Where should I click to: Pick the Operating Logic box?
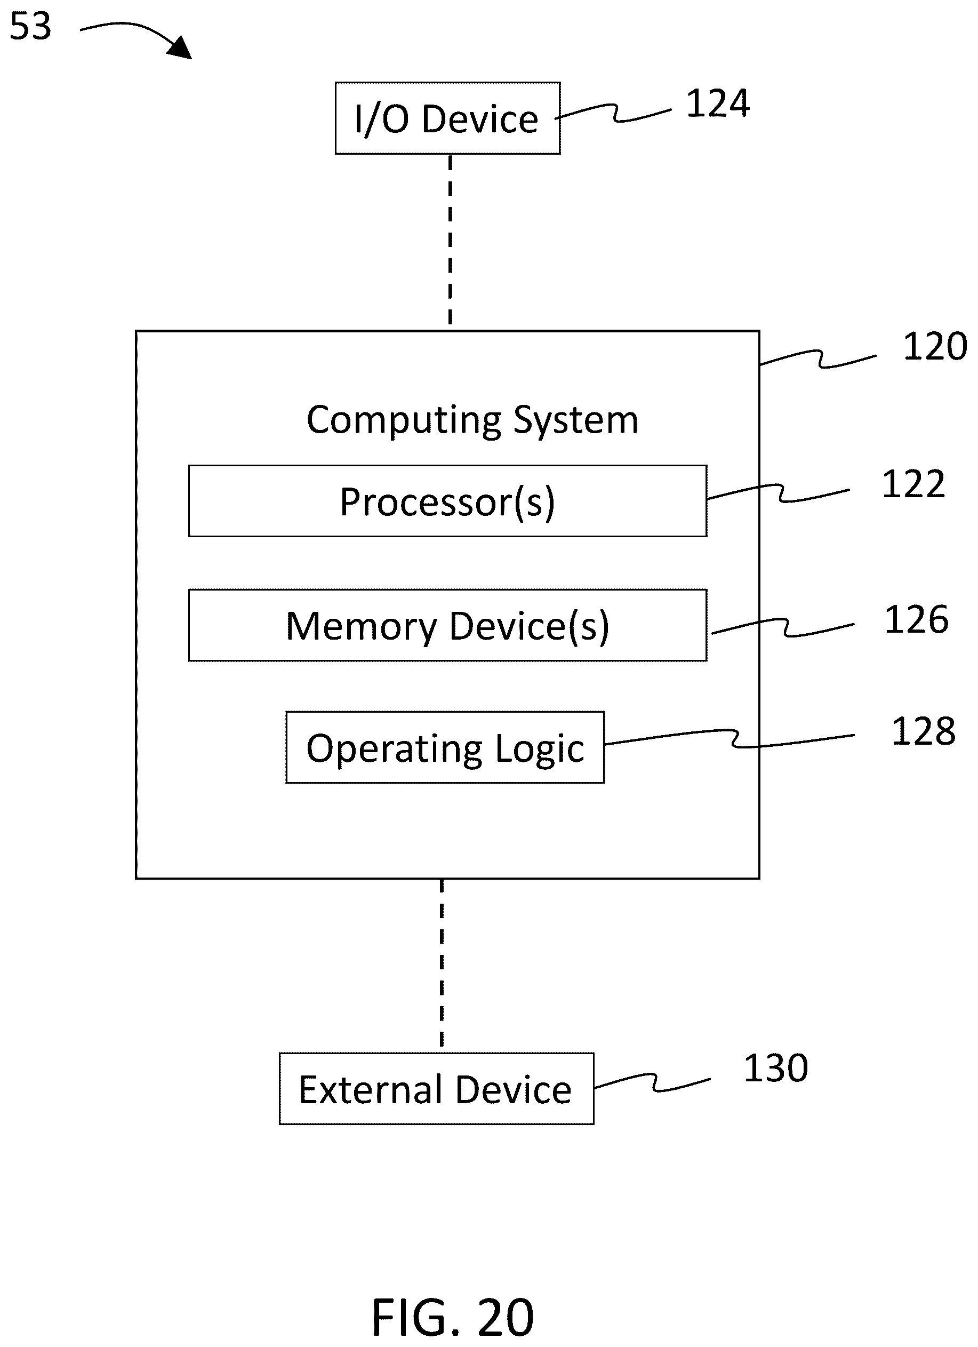pyautogui.click(x=445, y=748)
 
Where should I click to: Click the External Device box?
pyautogui.click(x=436, y=1089)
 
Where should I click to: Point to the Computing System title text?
pyautogui.click(x=472, y=420)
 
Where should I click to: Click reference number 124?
pyautogui.click(x=717, y=103)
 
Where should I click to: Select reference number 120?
pyautogui.click(x=935, y=346)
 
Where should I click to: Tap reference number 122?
pyautogui.click(x=913, y=484)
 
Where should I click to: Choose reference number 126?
pyautogui.click(x=916, y=620)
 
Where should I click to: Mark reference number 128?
pyautogui.click(x=924, y=731)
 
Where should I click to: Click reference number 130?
pyautogui.click(x=775, y=1069)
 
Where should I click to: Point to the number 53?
pyautogui.click(x=31, y=26)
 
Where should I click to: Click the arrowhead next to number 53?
pyautogui.click(x=181, y=47)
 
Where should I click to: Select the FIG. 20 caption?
pyautogui.click(x=453, y=1317)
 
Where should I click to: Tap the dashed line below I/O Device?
pyautogui.click(x=450, y=240)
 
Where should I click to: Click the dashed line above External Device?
pyautogui.click(x=441, y=966)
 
